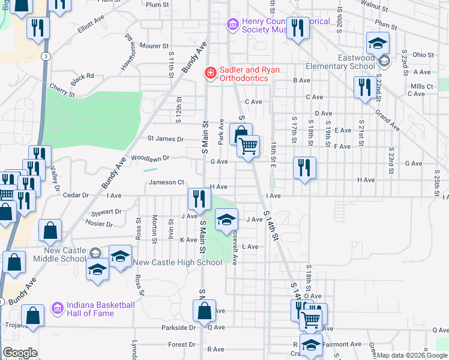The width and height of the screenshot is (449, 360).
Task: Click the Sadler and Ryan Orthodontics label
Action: (x=250, y=74)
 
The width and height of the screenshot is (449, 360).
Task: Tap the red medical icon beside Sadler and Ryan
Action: (x=210, y=73)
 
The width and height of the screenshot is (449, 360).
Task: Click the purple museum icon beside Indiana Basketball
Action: (x=57, y=308)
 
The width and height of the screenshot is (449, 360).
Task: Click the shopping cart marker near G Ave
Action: (x=248, y=146)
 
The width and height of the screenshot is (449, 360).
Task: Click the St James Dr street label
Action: (x=166, y=139)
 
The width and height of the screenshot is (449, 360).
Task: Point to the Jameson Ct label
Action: (x=166, y=182)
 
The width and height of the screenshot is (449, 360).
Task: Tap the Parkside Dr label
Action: (x=178, y=328)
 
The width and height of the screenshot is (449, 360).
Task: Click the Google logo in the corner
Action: (x=20, y=353)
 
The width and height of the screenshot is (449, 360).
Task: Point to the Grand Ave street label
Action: (x=387, y=120)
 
